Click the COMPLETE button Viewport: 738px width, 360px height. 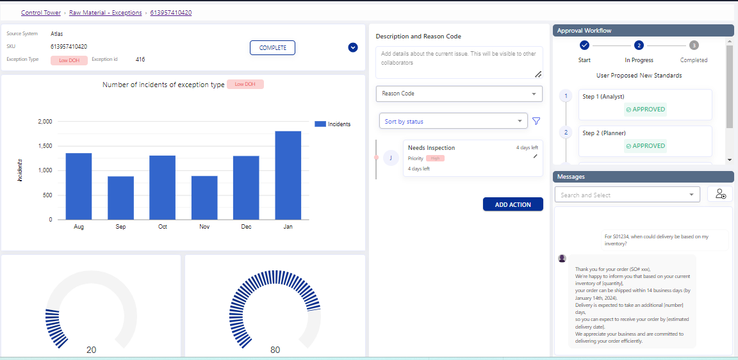click(272, 48)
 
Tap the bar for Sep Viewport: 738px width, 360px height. click(120, 198)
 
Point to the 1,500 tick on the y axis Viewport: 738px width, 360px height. click(44, 146)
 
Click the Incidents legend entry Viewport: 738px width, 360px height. click(332, 124)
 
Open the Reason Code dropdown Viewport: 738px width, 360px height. click(459, 94)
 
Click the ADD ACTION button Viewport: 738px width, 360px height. click(512, 204)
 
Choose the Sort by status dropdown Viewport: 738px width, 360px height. click(453, 121)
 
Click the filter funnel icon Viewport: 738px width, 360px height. click(536, 121)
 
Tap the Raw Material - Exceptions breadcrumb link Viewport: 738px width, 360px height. click(106, 13)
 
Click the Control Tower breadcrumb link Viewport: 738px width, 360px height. click(41, 13)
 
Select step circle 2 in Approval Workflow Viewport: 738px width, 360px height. click(639, 45)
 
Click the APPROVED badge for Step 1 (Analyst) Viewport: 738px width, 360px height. click(645, 110)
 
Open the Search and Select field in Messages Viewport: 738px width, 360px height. click(627, 195)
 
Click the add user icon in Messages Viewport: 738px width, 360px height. click(720, 194)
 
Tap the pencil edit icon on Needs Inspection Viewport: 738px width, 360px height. click(536, 156)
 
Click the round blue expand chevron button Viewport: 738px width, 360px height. click(353, 47)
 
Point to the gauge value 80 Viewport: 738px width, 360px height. click(275, 350)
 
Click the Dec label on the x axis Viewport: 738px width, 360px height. click(246, 227)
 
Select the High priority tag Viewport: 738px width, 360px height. click(435, 158)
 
